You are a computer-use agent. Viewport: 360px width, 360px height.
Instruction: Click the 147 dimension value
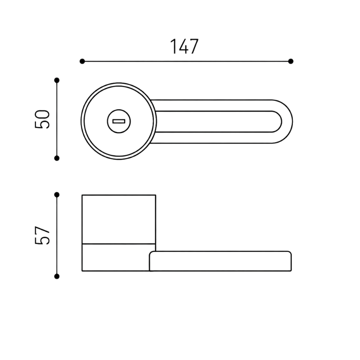pos(184,47)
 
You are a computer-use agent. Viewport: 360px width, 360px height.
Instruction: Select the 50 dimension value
pos(42,119)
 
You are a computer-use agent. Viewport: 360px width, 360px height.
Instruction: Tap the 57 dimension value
pos(42,235)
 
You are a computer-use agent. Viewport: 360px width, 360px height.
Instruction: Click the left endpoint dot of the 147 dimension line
pos(82,61)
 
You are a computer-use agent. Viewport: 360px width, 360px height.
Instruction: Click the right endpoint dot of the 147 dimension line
pos(291,61)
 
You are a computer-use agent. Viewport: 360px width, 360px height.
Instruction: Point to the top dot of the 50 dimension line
pos(57,81)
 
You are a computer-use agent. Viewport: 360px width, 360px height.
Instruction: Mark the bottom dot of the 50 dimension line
pos(57,158)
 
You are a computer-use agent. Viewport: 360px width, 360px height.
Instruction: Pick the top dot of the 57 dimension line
pos(57,195)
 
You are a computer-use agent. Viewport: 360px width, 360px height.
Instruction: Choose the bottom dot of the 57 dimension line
pos(57,276)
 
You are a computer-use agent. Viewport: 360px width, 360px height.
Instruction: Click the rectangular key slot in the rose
pos(119,121)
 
